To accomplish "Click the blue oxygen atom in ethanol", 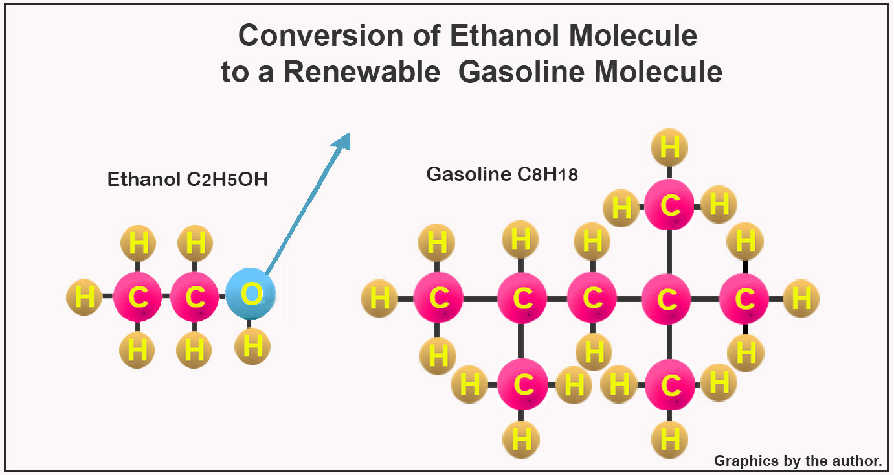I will point(251,294).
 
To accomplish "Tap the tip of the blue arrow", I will point(348,135).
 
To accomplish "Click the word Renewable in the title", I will point(363,72).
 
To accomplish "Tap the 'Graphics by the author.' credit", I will point(798,461).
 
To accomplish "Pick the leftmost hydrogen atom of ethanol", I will point(84,297).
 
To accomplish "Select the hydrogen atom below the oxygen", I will point(252,346).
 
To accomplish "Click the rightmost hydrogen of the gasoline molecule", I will point(801,298).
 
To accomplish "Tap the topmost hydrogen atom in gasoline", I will point(669,146).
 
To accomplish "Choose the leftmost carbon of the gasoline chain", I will point(438,298).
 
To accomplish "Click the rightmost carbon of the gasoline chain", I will point(744,298).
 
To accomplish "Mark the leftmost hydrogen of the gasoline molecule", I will point(379,298).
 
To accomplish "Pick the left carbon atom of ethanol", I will point(137,297).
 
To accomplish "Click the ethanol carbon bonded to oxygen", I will point(194,297).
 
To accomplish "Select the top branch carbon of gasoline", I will point(669,206).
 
